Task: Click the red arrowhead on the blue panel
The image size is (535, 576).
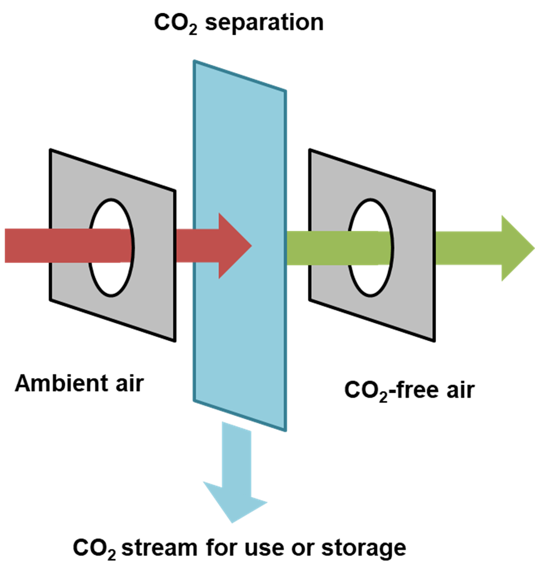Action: tap(232, 246)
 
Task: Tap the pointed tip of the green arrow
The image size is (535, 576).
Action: tap(533, 248)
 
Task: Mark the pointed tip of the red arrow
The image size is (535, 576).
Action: tap(251, 246)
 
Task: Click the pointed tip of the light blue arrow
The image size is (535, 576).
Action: tap(232, 522)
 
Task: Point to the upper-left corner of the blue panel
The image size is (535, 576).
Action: tap(194, 61)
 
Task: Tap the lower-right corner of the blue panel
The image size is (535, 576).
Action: tap(285, 429)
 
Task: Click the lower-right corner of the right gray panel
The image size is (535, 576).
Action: tap(431, 337)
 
